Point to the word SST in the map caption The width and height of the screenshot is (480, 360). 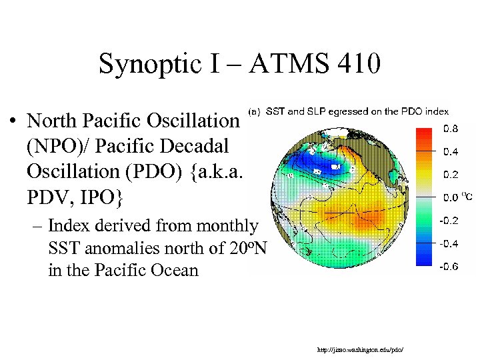click(276, 111)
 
